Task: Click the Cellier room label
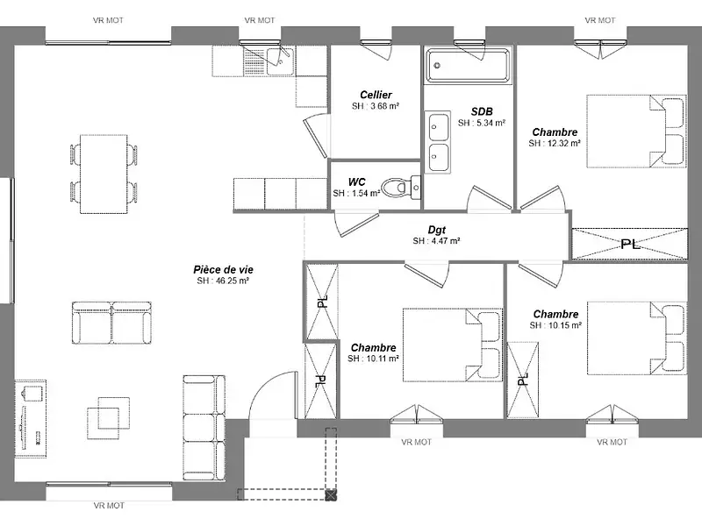click(376, 95)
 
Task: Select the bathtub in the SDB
click(468, 65)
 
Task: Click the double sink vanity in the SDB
click(437, 142)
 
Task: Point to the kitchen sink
click(280, 60)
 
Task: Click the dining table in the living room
click(104, 174)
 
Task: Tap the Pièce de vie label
click(223, 270)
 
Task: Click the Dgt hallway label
click(436, 230)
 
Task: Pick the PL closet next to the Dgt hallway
click(629, 244)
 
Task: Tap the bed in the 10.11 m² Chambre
click(452, 345)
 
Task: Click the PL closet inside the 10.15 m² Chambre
click(522, 380)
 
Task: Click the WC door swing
click(356, 223)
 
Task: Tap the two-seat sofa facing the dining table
click(111, 323)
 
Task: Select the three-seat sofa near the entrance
click(204, 428)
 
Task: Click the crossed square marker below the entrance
click(331, 494)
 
